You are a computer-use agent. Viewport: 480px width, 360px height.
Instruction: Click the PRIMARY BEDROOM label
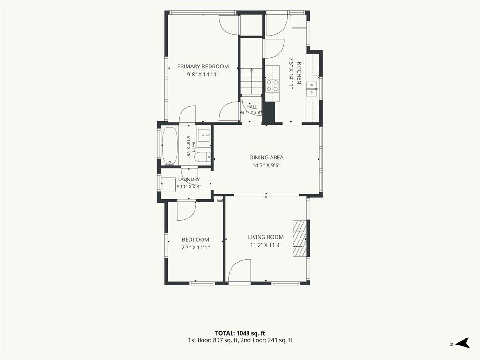203,67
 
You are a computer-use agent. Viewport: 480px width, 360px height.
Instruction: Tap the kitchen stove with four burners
272,85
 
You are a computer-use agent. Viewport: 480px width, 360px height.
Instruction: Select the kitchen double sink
312,89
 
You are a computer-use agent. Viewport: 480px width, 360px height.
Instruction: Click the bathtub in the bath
169,146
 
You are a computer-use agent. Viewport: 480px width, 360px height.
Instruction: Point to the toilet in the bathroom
203,157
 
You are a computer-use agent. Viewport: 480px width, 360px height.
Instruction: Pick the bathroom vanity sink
203,135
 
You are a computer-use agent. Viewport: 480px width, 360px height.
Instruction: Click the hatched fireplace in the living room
300,239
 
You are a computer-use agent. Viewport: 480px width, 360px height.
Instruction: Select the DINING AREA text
266,157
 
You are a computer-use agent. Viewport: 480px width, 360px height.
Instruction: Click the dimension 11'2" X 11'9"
266,245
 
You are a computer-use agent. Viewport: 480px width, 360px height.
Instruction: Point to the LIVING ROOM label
266,237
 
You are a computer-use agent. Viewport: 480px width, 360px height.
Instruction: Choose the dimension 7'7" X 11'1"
195,247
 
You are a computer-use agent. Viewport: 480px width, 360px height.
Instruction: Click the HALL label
252,107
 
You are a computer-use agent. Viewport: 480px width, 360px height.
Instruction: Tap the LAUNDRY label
188,180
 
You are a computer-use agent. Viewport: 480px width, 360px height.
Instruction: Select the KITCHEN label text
299,73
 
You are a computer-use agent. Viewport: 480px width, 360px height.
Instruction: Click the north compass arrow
462,343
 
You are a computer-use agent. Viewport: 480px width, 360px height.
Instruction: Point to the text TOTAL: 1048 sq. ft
240,333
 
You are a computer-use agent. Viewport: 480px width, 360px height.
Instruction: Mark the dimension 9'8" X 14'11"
203,75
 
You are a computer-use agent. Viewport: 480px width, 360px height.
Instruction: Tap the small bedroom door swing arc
186,211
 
